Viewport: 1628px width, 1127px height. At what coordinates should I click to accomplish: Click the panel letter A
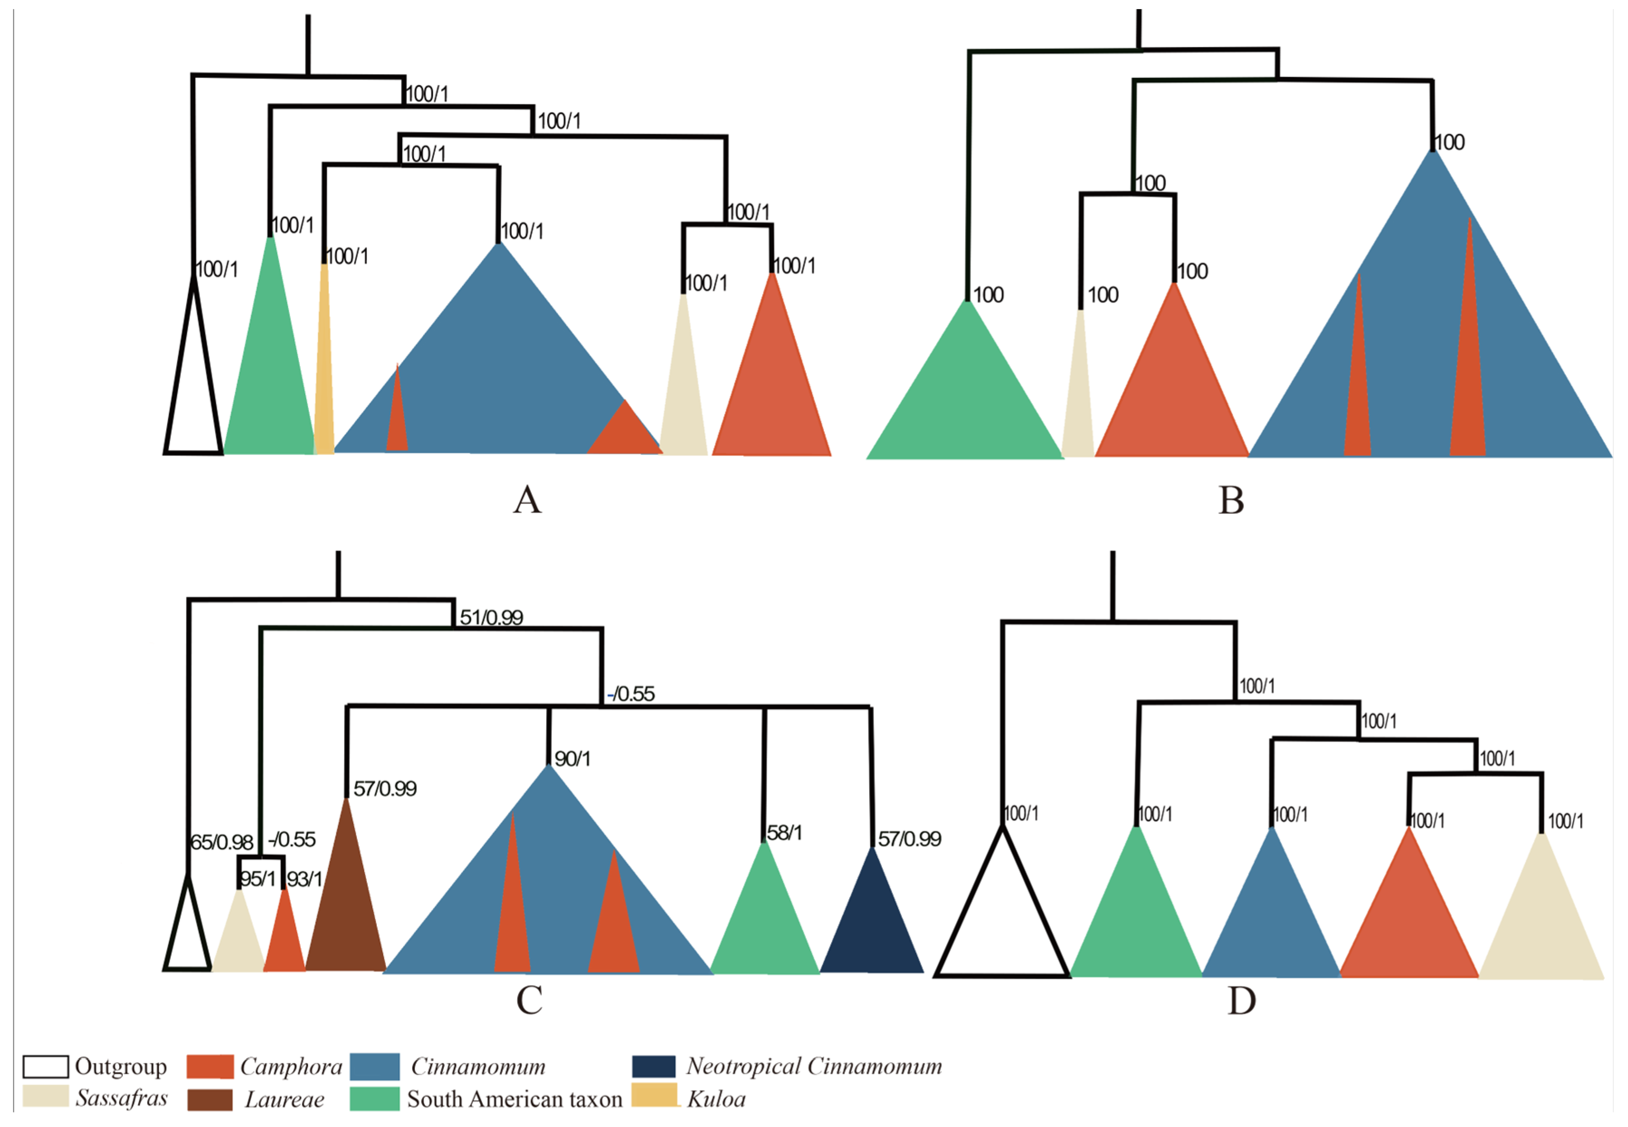pos(527,500)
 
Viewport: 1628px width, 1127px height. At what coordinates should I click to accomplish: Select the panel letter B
pos(1231,500)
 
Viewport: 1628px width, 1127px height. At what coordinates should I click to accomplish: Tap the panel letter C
pos(530,1000)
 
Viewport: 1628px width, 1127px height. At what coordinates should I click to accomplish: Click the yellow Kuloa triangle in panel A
pos(324,395)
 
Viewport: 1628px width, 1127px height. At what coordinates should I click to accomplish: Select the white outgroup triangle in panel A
pos(194,403)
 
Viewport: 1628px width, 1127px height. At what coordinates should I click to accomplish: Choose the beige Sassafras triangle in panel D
pos(1541,932)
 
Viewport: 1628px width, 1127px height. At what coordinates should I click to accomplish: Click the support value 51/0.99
pos(491,618)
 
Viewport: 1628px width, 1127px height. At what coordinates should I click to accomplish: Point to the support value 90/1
pos(572,759)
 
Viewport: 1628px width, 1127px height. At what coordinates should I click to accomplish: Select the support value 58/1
pos(784,833)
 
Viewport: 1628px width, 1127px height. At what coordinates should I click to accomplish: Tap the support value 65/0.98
pos(222,842)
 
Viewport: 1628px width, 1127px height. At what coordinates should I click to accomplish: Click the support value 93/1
pos(304,879)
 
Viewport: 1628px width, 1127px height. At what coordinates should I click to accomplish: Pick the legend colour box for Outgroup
pos(45,1066)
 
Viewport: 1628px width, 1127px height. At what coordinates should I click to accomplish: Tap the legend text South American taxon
pos(515,1099)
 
